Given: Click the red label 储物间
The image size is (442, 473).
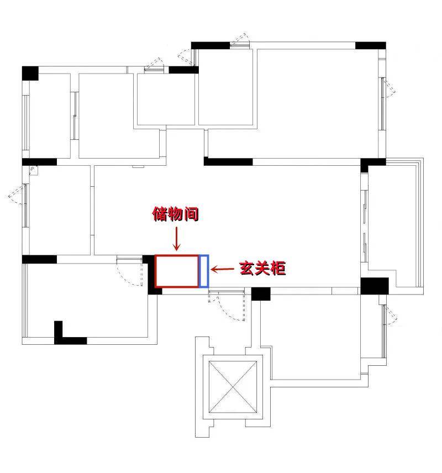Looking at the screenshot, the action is point(175,214).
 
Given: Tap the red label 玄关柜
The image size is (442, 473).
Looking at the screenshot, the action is point(262,268).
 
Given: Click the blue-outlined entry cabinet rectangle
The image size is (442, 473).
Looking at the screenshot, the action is point(204,271).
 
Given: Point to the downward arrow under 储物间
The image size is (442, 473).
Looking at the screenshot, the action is point(176,239).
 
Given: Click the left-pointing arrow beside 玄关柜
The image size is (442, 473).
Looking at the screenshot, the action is point(222,269).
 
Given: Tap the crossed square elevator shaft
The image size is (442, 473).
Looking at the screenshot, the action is point(233,387).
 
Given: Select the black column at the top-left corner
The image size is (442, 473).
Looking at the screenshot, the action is point(30,73).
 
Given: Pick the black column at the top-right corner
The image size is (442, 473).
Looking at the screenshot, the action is point(371,45).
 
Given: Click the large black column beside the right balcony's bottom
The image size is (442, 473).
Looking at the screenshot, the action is point(375,286).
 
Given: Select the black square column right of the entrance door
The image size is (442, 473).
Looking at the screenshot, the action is point(261,294).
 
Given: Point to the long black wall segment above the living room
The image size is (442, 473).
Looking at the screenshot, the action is point(228,162).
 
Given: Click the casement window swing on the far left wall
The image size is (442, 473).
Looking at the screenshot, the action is point(17,195).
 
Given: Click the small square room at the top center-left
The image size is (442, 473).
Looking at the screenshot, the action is point(166,99).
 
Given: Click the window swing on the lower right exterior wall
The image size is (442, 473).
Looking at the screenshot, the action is point(391,315).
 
